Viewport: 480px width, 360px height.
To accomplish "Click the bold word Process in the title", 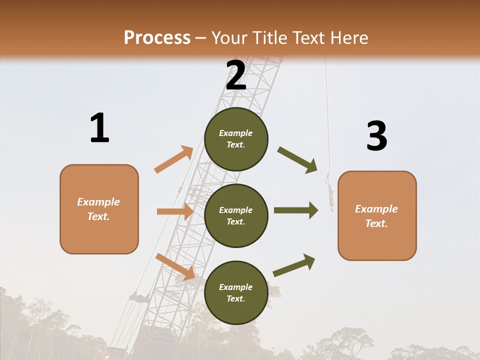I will pos(157,37).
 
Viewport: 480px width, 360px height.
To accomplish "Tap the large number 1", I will pos(99,128).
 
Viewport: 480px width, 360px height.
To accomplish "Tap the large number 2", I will pos(236,75).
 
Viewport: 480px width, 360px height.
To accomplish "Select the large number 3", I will pos(376,136).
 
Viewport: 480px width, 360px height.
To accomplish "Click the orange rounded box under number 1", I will pos(99,230).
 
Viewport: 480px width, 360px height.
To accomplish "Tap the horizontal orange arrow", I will pos(175,211).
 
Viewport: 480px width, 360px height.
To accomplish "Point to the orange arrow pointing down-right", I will pos(175,266).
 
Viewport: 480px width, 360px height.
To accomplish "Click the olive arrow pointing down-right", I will pos(297,159).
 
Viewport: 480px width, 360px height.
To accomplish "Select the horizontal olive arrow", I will pos(295,210).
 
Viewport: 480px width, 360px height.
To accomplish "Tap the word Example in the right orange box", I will pos(376,209).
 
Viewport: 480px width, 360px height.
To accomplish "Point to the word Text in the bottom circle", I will pos(235,298).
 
